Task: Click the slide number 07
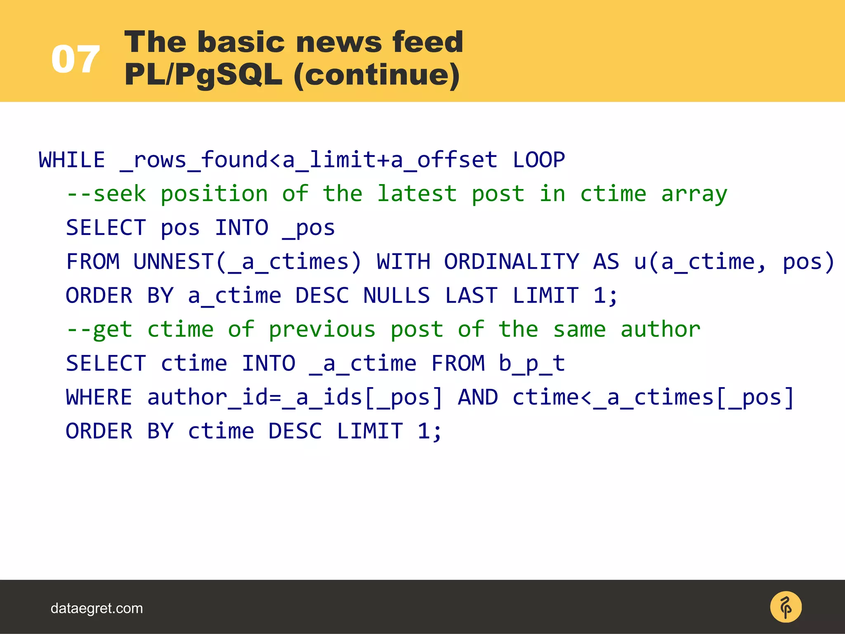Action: coord(76,60)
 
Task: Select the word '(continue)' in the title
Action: coord(377,76)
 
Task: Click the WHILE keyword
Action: coord(72,160)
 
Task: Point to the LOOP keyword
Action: coord(538,160)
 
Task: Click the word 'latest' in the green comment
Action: coord(417,194)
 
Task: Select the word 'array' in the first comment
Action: coord(694,194)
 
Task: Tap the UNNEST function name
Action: coord(173,262)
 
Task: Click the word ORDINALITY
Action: coord(512,262)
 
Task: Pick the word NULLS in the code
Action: coord(397,296)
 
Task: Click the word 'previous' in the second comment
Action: coord(322,329)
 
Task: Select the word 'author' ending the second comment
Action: coord(660,329)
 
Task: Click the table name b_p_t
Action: coord(531,364)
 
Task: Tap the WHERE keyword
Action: coord(99,397)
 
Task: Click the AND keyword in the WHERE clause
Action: coord(478,397)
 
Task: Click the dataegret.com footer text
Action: coord(97,608)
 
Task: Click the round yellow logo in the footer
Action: coord(786,607)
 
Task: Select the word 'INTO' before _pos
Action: coord(241,228)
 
